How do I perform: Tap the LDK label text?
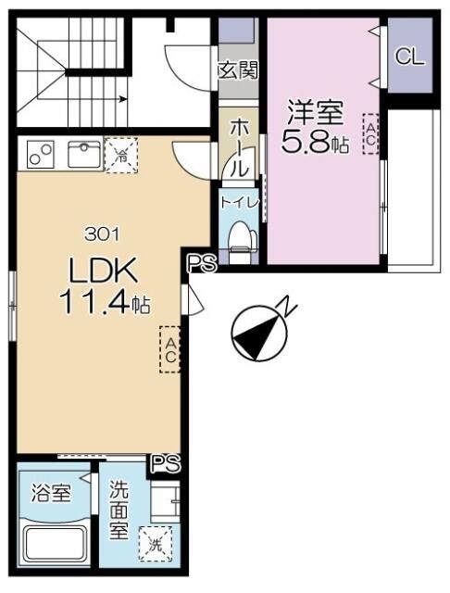(x=102, y=271)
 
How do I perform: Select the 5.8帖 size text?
(x=315, y=144)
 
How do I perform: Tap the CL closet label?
(x=409, y=57)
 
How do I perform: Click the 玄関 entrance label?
(x=238, y=71)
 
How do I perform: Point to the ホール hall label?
(x=237, y=149)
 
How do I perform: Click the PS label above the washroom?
(x=166, y=461)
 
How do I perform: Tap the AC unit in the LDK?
(x=170, y=348)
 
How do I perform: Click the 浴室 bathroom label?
(x=51, y=492)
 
